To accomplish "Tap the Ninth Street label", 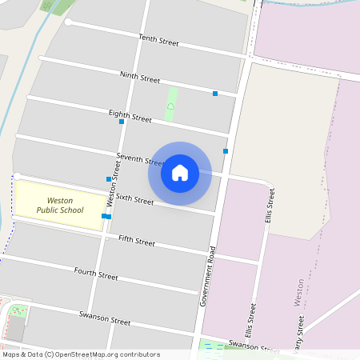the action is (140, 78).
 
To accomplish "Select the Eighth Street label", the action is (130, 117).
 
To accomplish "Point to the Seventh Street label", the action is (134, 157).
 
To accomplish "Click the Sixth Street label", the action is (134, 198).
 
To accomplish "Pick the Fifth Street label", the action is (136, 239).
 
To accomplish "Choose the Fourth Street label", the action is (96, 274).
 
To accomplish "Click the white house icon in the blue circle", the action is (180, 173).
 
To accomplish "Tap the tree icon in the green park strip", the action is (170, 106).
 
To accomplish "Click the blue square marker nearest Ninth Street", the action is (215, 94).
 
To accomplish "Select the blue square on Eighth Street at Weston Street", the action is (122, 122).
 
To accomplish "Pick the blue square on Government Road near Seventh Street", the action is (226, 150).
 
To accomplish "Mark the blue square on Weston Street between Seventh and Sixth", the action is (109, 178).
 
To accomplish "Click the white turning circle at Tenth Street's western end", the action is (69, 22).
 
